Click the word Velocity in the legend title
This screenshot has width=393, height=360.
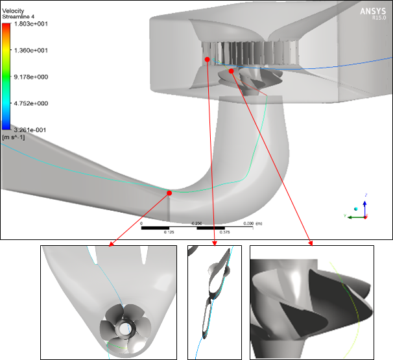click(x=14, y=11)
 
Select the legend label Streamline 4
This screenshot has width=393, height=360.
click(x=20, y=18)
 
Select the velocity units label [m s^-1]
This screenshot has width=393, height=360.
click(x=12, y=137)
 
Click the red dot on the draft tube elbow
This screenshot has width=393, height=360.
click(x=169, y=193)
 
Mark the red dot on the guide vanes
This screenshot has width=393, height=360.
click(x=208, y=59)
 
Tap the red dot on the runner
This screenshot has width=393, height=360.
click(x=232, y=71)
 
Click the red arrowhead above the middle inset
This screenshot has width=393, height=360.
click(x=214, y=243)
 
